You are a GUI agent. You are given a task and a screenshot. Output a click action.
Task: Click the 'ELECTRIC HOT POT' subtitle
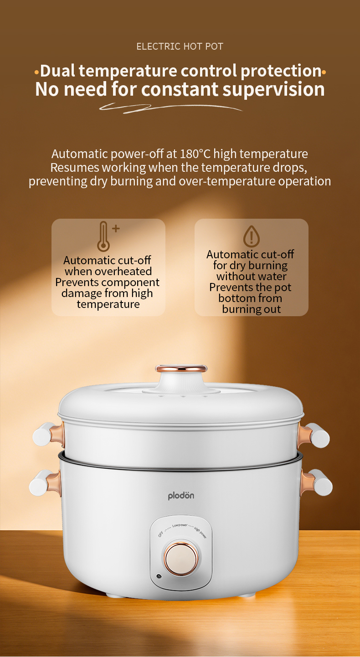pyautogui.click(x=180, y=46)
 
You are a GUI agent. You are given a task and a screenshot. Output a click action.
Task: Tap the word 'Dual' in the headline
pyautogui.click(x=57, y=71)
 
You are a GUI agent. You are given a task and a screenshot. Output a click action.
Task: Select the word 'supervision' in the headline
pyautogui.click(x=274, y=89)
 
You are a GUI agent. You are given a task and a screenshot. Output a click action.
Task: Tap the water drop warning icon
pyautogui.click(x=252, y=236)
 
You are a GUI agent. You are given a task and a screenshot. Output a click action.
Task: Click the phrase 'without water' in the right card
pyautogui.click(x=252, y=276)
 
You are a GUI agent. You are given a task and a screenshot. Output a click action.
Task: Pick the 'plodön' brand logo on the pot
pyautogui.click(x=181, y=496)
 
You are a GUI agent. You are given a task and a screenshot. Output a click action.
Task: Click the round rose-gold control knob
pyautogui.click(x=181, y=559)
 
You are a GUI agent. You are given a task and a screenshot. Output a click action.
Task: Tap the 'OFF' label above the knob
pyautogui.click(x=161, y=534)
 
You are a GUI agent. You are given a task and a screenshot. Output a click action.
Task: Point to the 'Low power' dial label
pyautogui.click(x=180, y=525)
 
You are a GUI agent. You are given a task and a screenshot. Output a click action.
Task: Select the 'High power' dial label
pyautogui.click(x=201, y=533)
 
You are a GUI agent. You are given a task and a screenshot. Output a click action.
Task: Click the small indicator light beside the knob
pyautogui.click(x=159, y=576)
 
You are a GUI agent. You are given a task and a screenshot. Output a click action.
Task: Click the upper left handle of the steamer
pyautogui.click(x=48, y=434)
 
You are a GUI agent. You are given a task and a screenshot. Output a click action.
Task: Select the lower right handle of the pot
pyautogui.click(x=316, y=482)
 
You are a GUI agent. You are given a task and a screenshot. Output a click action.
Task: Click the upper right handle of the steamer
pyautogui.click(x=314, y=436)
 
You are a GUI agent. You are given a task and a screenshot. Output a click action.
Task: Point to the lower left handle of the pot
pyautogui.click(x=45, y=482)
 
